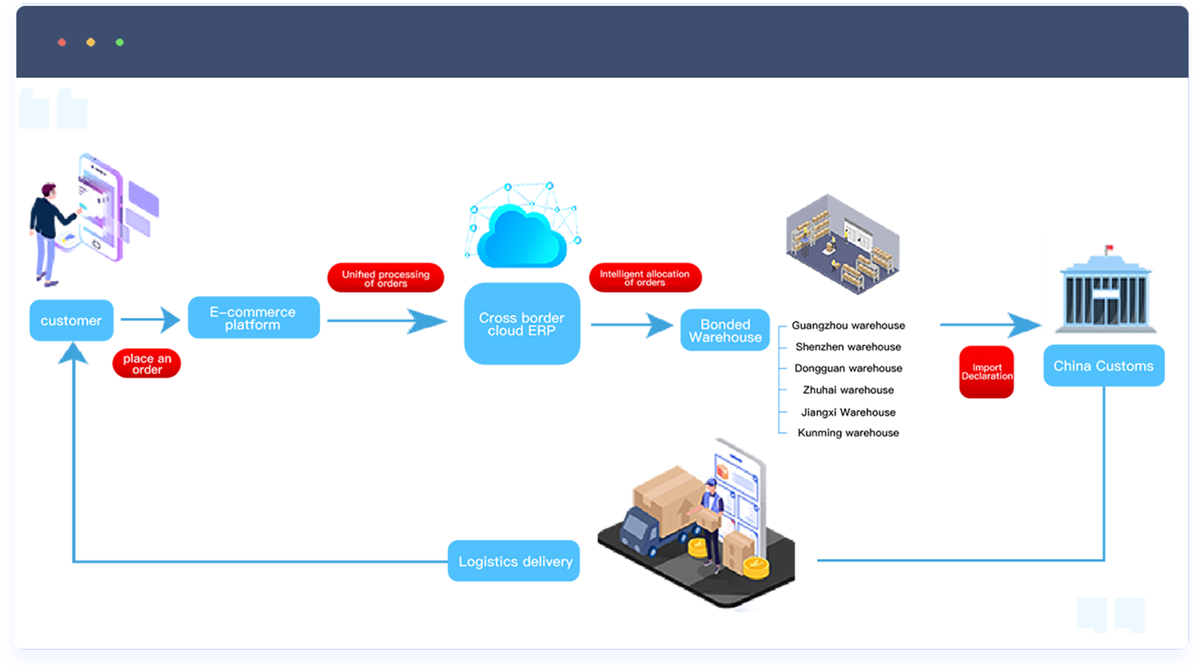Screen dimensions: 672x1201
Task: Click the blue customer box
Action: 71,320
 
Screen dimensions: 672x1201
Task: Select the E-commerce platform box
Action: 253,318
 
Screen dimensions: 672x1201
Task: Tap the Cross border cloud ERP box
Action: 522,324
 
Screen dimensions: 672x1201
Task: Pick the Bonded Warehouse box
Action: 725,330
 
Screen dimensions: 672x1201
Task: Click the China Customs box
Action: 1103,366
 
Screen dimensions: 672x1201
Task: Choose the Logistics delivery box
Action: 514,561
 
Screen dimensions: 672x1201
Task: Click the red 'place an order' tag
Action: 147,364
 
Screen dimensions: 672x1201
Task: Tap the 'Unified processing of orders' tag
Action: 385,278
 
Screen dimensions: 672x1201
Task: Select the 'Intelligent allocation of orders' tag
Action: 645,278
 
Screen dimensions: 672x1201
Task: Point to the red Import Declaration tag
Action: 986,372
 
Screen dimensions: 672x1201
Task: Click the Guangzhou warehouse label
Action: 848,326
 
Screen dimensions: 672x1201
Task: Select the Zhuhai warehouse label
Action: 848,390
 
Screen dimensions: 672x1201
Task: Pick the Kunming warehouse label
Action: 848,433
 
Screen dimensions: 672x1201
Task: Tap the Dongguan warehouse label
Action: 848,368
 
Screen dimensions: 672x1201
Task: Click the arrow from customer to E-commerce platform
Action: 150,319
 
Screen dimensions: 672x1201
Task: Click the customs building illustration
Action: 1105,294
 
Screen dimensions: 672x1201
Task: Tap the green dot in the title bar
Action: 120,42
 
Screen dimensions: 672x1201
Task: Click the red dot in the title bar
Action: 62,42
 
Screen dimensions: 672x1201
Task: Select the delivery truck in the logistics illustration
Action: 651,527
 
